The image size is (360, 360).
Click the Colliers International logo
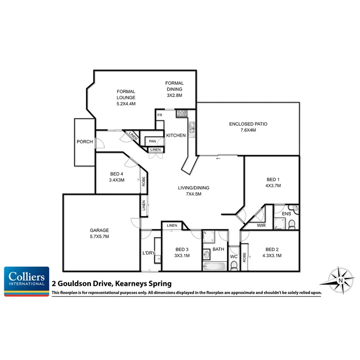coord(27,281)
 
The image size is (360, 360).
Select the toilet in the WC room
coord(234,266)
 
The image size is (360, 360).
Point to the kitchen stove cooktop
coord(182,114)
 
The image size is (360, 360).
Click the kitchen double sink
coord(192,130)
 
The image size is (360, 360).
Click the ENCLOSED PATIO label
coord(248,124)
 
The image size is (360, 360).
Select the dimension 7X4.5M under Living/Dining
coord(193,194)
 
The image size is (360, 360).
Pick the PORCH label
coord(85,142)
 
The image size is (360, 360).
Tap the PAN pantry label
coord(152,141)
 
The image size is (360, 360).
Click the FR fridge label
coord(159,115)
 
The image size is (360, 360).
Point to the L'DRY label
coord(148,254)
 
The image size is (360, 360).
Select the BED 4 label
coord(116,174)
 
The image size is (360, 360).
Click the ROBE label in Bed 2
coord(244,258)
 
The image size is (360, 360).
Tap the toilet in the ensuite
coord(292,223)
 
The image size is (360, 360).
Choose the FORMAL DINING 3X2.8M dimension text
coord(174,95)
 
